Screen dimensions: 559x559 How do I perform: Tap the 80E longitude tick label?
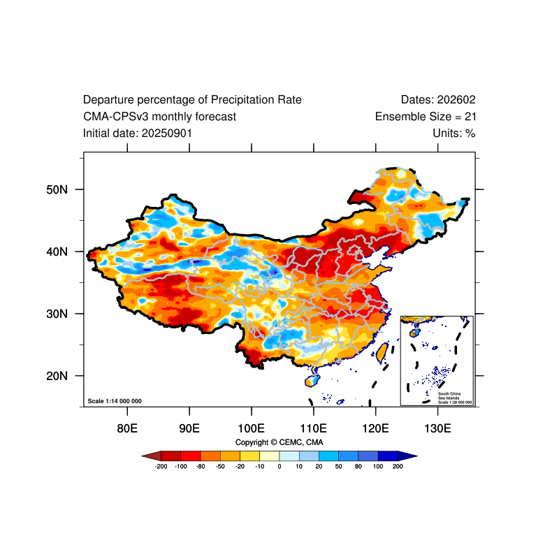[x=126, y=428]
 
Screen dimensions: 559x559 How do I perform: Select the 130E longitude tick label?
[x=437, y=428]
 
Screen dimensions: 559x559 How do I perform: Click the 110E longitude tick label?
[x=313, y=428]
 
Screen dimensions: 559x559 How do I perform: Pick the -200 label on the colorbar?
[x=161, y=466]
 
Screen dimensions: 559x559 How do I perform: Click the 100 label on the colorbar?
[x=378, y=466]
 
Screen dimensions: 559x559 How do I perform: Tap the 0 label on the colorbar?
[x=279, y=466]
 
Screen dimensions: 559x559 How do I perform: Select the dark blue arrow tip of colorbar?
[x=410, y=456]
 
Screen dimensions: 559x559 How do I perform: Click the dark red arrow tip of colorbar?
[x=149, y=456]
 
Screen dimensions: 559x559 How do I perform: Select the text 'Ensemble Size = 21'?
[x=426, y=117]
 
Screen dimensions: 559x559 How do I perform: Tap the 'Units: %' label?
[x=454, y=133]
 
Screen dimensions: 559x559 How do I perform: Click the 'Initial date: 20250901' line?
[x=138, y=133]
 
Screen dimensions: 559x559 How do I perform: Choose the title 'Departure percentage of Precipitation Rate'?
[x=192, y=100]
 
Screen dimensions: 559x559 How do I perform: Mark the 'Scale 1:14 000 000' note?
[x=115, y=401]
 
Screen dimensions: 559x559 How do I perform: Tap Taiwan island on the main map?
[x=382, y=351]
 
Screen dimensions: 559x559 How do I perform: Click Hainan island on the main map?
[x=312, y=381]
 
